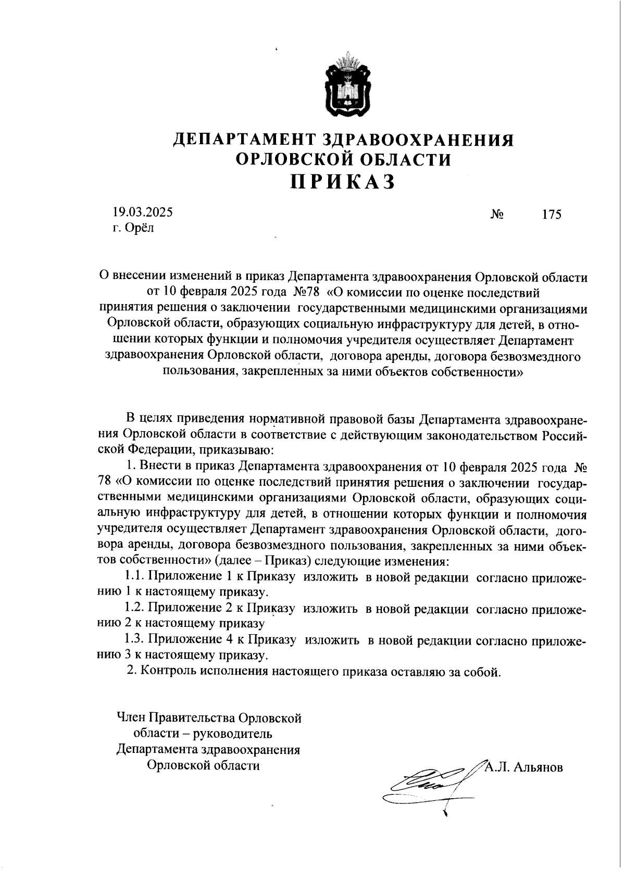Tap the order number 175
[552, 215]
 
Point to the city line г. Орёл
[134, 228]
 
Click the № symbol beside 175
[497, 215]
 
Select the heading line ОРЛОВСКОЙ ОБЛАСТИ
[343, 159]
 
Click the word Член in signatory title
[131, 719]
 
